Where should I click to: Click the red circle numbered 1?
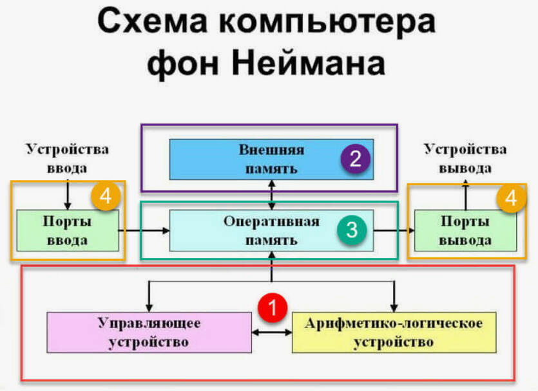point(271,308)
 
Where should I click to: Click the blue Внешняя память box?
point(271,159)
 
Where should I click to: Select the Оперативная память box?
point(271,230)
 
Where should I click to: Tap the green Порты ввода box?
point(67,230)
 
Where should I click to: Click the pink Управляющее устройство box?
point(149,332)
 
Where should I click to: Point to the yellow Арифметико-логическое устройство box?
point(394,332)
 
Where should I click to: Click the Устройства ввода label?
point(67,158)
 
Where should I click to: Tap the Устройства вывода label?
point(465,158)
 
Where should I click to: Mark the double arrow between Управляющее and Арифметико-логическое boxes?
point(271,332)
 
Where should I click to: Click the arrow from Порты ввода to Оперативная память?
point(144,230)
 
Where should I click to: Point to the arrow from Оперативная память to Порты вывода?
point(392,230)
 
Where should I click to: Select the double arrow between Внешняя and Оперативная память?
point(271,194)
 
